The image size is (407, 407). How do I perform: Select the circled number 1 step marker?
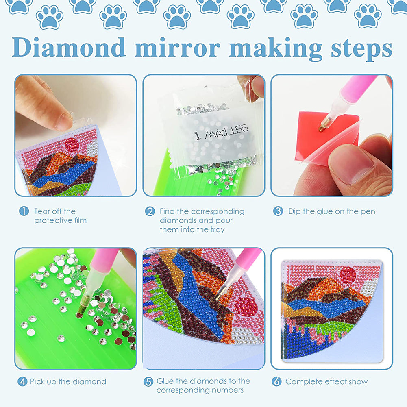[24, 211]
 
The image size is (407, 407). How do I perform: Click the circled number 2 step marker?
[150, 211]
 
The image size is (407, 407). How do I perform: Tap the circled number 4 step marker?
[22, 382]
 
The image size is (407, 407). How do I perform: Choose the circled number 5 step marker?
[148, 381]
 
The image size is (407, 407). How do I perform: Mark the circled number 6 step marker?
[277, 381]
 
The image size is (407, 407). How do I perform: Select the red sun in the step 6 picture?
[348, 275]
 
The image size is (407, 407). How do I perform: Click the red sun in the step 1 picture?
[72, 144]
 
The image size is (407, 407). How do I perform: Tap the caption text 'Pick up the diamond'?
[68, 382]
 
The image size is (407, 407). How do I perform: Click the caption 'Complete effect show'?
[326, 382]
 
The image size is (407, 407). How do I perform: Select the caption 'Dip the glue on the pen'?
[331, 211]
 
